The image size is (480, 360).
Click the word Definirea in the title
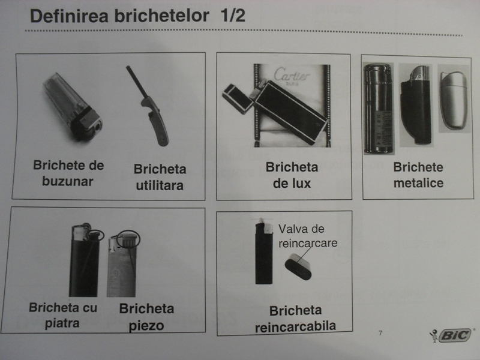(x=70, y=16)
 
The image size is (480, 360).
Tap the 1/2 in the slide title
(x=233, y=16)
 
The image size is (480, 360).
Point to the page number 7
(x=380, y=333)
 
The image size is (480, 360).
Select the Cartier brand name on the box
(x=292, y=75)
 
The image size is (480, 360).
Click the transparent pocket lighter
(x=72, y=106)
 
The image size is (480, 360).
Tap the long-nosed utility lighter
(x=148, y=106)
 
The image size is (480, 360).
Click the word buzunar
(x=68, y=181)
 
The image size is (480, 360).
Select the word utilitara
(x=160, y=185)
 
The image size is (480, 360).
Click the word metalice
(x=418, y=183)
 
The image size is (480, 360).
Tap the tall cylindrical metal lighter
(x=379, y=109)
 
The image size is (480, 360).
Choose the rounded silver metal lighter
(x=454, y=100)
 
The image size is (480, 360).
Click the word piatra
(x=62, y=323)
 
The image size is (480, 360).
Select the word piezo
(x=146, y=326)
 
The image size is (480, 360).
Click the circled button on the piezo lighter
(x=128, y=239)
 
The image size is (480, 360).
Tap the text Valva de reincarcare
(x=308, y=236)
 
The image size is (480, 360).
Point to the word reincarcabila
(x=295, y=326)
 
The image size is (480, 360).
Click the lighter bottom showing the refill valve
(x=298, y=266)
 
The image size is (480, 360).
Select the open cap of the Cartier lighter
(x=238, y=98)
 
